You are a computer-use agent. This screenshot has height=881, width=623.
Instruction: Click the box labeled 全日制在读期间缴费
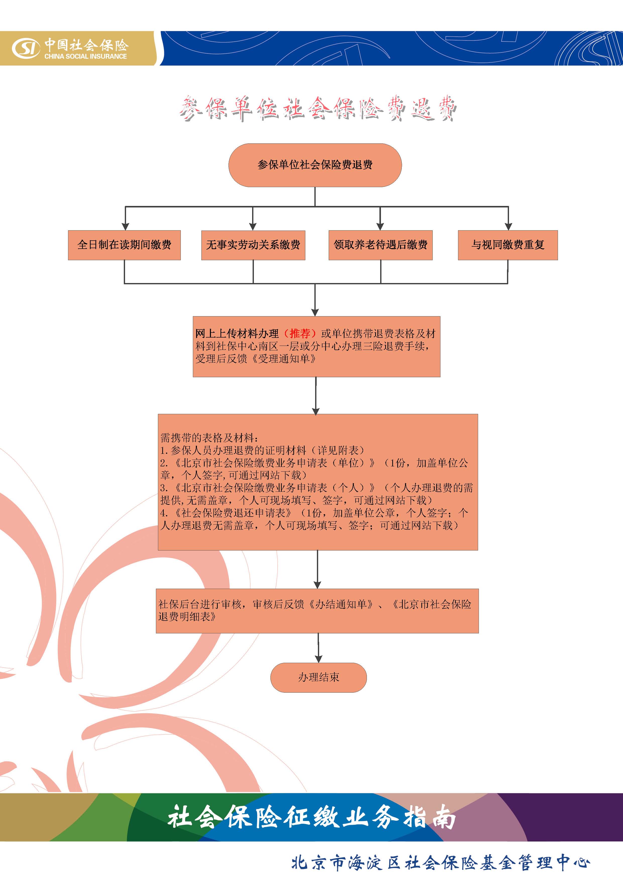(x=124, y=245)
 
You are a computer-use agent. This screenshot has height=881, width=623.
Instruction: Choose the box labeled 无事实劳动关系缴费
(x=253, y=245)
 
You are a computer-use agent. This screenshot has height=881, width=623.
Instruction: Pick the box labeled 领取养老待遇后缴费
(x=380, y=245)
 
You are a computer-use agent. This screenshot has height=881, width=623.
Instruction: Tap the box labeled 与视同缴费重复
(x=508, y=245)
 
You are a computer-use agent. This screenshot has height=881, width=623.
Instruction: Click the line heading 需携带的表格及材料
(x=209, y=437)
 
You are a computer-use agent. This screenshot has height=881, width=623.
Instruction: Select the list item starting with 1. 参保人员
(x=262, y=450)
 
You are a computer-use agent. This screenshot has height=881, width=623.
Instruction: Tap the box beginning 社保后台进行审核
(x=317, y=611)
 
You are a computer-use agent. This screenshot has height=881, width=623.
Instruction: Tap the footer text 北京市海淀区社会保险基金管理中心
(x=440, y=862)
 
